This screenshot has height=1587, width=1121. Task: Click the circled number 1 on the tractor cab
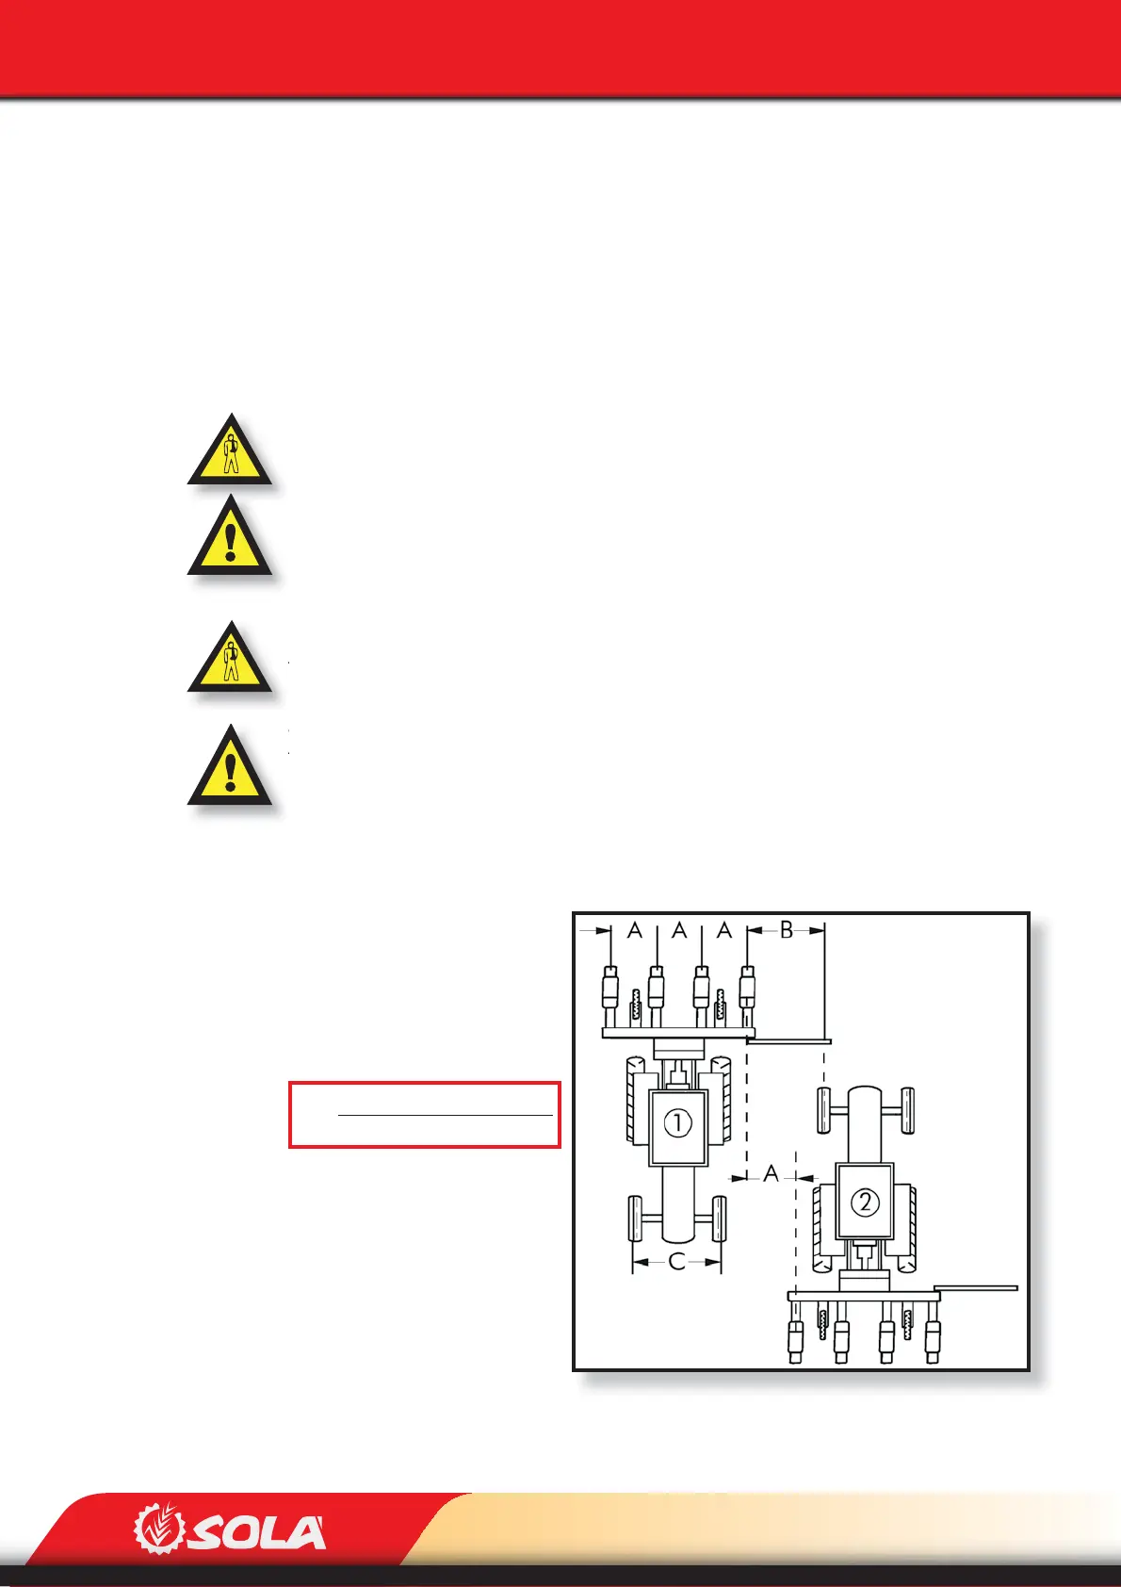tap(677, 1122)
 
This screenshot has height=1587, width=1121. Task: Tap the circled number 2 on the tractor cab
tap(865, 1202)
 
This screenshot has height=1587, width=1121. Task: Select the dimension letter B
tap(787, 930)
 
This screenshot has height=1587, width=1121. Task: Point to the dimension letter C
tap(676, 1262)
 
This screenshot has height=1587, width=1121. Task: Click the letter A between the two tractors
tap(772, 1174)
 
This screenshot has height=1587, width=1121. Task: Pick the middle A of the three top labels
tap(679, 931)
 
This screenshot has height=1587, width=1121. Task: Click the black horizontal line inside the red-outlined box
tap(445, 1116)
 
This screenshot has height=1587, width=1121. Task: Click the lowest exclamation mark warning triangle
tap(230, 768)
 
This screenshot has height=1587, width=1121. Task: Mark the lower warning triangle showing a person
tap(230, 659)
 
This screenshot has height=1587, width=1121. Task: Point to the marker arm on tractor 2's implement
tap(976, 1287)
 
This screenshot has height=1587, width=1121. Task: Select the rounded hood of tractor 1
tap(677, 1206)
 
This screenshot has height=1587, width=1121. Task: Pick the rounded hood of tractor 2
tap(865, 1121)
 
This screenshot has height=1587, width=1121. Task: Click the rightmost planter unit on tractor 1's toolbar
tap(747, 994)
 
